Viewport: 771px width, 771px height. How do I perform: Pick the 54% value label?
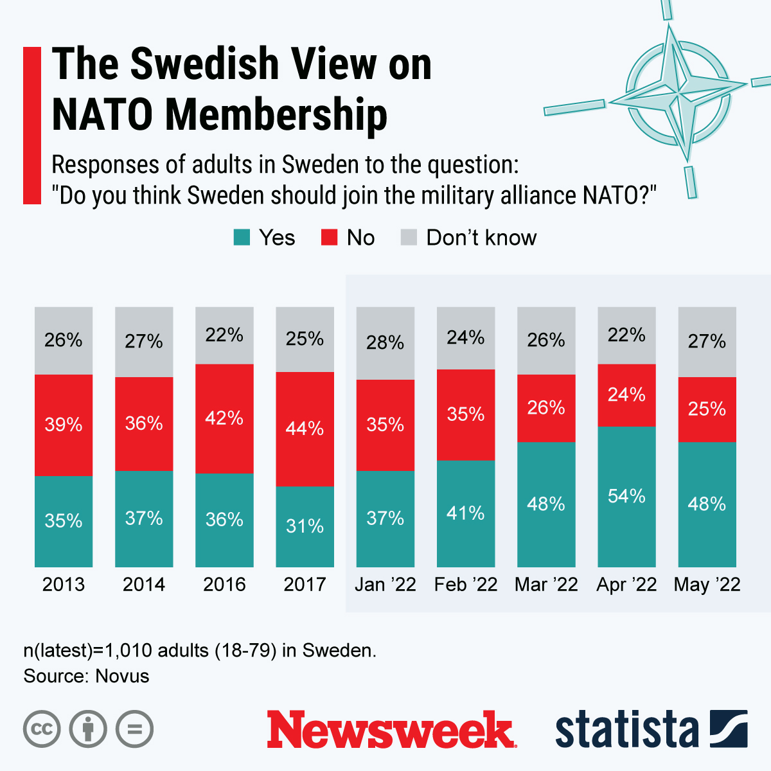coord(626,496)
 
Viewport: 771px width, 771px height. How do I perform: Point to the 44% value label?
coord(305,428)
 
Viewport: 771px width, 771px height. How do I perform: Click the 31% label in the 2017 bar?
coord(305,526)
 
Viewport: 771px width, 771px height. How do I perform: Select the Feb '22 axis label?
coord(466,585)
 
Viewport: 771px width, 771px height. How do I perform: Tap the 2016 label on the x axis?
coord(224,585)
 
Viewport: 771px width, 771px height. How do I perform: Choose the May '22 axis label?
coord(707,585)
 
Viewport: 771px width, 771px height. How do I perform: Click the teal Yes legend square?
coord(242,238)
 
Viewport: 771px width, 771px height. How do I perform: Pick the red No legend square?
coord(329,238)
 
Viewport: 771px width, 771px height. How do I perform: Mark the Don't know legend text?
coord(481,238)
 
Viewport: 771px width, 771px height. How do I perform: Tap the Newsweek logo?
coord(391,730)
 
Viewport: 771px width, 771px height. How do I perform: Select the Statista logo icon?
coord(729,729)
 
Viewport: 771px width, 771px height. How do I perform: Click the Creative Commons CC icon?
coord(42,729)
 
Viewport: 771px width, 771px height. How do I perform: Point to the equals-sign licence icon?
coord(134,729)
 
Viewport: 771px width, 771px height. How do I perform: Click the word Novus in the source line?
coord(122,676)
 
